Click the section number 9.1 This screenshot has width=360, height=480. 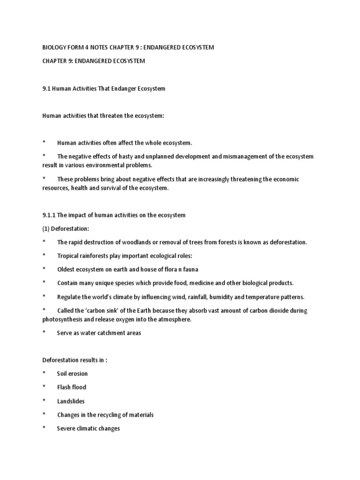coord(47,89)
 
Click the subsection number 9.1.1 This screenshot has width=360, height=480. coord(49,215)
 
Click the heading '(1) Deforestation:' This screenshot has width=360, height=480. coord(65,229)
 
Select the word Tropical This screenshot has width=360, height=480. coord(68,256)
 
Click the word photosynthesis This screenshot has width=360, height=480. coord(65,319)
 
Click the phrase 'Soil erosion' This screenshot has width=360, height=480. coord(72,374)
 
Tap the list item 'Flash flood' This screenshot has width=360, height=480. coord(72,387)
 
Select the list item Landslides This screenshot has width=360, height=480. coord(71,401)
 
